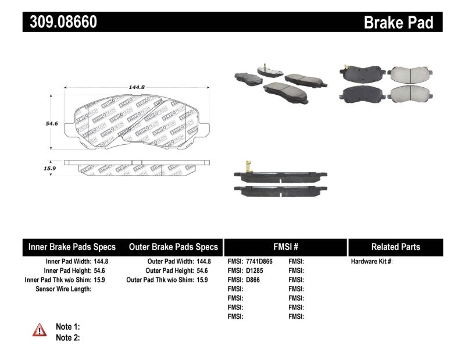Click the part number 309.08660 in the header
point(60,22)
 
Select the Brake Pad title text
point(398,23)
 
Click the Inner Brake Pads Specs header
point(72,247)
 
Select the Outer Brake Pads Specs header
point(173,247)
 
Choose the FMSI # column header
point(285,247)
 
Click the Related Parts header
point(395,247)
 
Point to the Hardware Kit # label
point(371,262)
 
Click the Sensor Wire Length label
point(63,288)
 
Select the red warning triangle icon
point(40,330)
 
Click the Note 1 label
point(67,327)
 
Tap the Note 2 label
point(67,337)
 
